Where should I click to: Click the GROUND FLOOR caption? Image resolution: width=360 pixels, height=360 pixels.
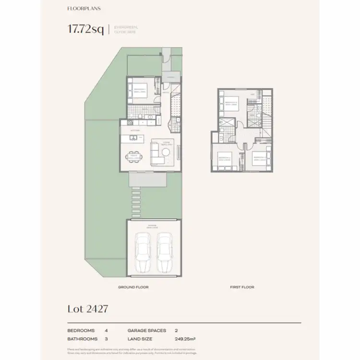tap(133, 287)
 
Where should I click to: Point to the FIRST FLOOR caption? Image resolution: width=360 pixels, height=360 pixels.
tap(241, 287)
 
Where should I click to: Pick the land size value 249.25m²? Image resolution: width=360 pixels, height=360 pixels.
tap(185, 339)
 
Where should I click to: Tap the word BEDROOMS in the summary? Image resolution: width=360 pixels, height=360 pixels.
tap(81, 331)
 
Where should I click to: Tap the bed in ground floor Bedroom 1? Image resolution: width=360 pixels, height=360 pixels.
tap(142, 91)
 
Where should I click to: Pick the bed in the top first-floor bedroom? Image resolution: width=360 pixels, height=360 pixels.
tap(231, 104)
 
